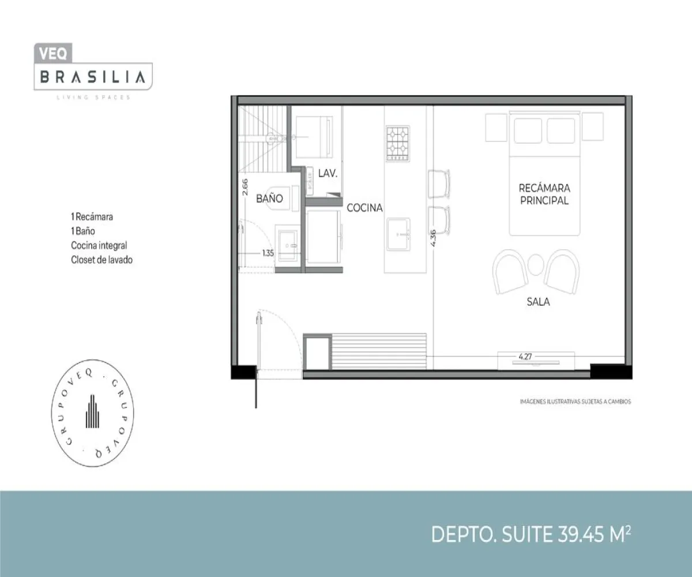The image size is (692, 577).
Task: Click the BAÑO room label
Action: coord(269,198)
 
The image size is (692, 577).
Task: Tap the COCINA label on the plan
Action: coord(364,208)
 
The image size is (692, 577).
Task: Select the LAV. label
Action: coord(328,173)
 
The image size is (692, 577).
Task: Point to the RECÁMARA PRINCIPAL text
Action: coord(544,194)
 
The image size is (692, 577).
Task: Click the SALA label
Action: coord(537,301)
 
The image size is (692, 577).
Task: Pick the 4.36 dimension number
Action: coord(432,238)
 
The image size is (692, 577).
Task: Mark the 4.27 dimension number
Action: coord(525,357)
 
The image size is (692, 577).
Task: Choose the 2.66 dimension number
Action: coord(245,188)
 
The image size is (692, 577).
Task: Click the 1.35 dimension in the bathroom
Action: coord(267,252)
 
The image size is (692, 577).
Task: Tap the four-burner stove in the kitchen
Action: coord(398,143)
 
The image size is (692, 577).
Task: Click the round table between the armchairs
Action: coord(536,265)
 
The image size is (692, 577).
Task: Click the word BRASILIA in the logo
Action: coord(92,77)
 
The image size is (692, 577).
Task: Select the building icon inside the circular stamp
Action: coord(93,412)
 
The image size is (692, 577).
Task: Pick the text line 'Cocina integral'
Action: coord(99,246)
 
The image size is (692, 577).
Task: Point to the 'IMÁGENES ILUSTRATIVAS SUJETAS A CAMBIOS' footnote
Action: coord(571,401)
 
